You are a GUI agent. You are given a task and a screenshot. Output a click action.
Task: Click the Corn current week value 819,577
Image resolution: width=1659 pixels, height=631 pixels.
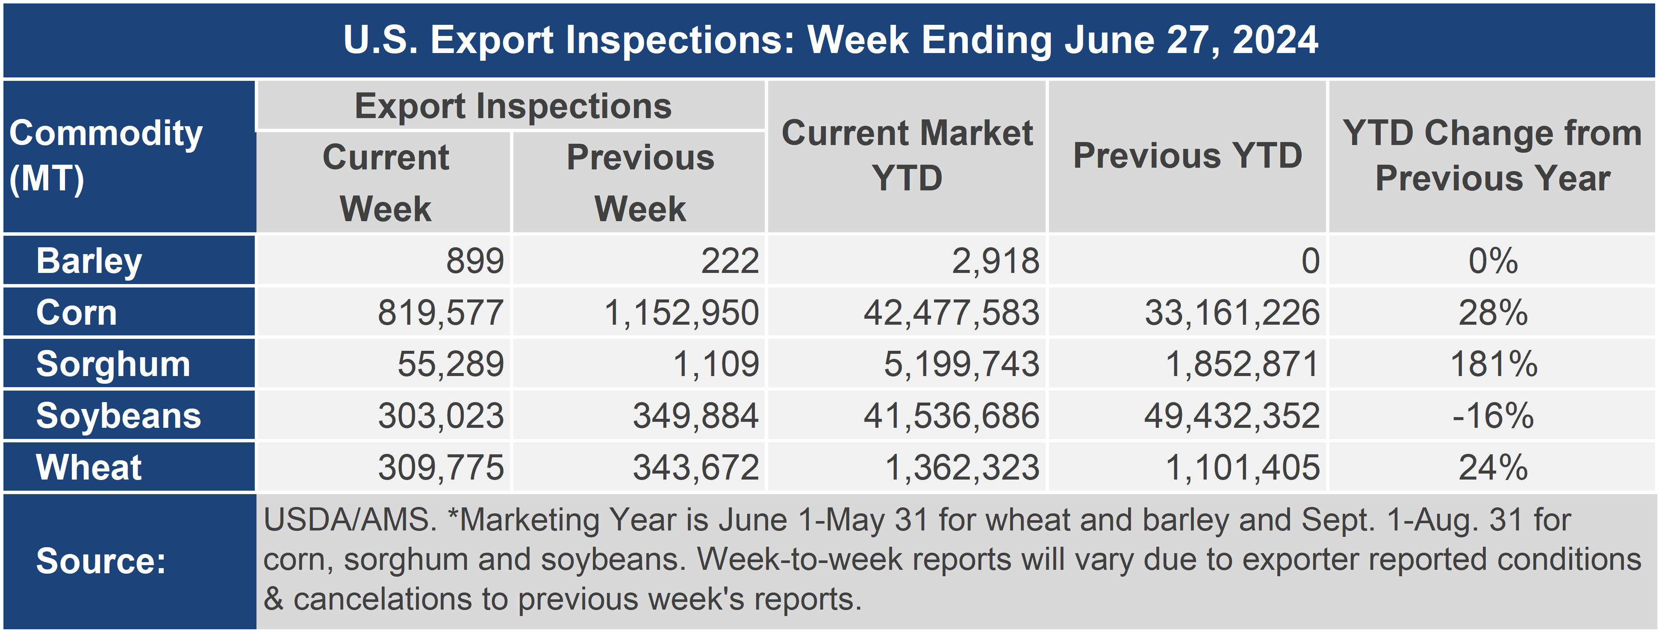tap(441, 313)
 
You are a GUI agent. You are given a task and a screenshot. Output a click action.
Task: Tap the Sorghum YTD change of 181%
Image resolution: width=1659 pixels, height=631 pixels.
tap(1494, 364)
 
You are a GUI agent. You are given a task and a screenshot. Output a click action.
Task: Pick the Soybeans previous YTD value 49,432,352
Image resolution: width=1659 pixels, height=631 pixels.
tap(1232, 416)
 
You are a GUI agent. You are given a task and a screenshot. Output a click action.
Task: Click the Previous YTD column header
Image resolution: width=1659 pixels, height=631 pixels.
tap(1188, 156)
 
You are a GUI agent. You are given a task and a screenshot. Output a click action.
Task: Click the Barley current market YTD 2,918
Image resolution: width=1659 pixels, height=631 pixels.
tap(996, 261)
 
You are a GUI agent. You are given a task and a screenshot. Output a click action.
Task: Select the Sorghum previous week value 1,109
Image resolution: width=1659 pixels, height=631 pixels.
tap(716, 364)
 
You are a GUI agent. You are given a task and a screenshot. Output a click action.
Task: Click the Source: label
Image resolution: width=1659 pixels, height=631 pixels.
tap(101, 561)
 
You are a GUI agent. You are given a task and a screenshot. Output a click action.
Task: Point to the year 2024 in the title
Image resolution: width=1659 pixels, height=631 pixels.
tap(1275, 40)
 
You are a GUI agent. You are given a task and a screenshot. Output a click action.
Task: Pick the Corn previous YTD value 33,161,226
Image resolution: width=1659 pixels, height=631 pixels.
tap(1232, 313)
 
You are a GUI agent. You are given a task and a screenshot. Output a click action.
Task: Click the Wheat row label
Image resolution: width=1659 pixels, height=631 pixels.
tap(89, 467)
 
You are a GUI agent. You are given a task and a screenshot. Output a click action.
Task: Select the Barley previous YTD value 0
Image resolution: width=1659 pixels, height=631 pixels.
tap(1311, 261)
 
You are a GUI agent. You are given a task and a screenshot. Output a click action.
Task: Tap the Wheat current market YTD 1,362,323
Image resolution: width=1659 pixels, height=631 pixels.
tap(963, 467)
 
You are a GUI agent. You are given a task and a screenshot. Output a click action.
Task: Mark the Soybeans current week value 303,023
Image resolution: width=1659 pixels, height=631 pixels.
tap(441, 416)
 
